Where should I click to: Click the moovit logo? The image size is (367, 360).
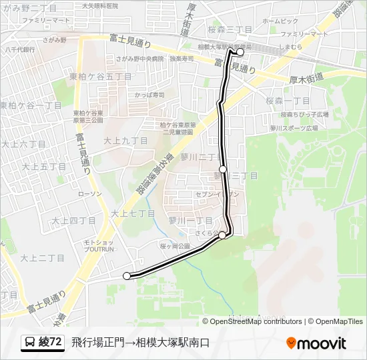pyautogui.click(x=316, y=343)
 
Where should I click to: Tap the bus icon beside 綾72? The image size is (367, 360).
pyautogui.click(x=30, y=343)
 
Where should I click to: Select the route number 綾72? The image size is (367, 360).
pyautogui.click(x=51, y=343)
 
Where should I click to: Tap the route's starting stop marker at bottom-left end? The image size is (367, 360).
pyautogui.click(x=127, y=275)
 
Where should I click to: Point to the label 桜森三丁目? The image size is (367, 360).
pyautogui.click(x=230, y=30)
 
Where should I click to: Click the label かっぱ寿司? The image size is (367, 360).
pyautogui.click(x=149, y=95)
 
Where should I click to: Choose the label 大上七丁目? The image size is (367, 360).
pyautogui.click(x=133, y=213)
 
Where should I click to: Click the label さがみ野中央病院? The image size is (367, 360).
pyautogui.click(x=139, y=59)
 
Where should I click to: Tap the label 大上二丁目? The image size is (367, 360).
pyautogui.click(x=42, y=257)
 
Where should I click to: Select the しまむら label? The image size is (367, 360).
pyautogui.click(x=291, y=47)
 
